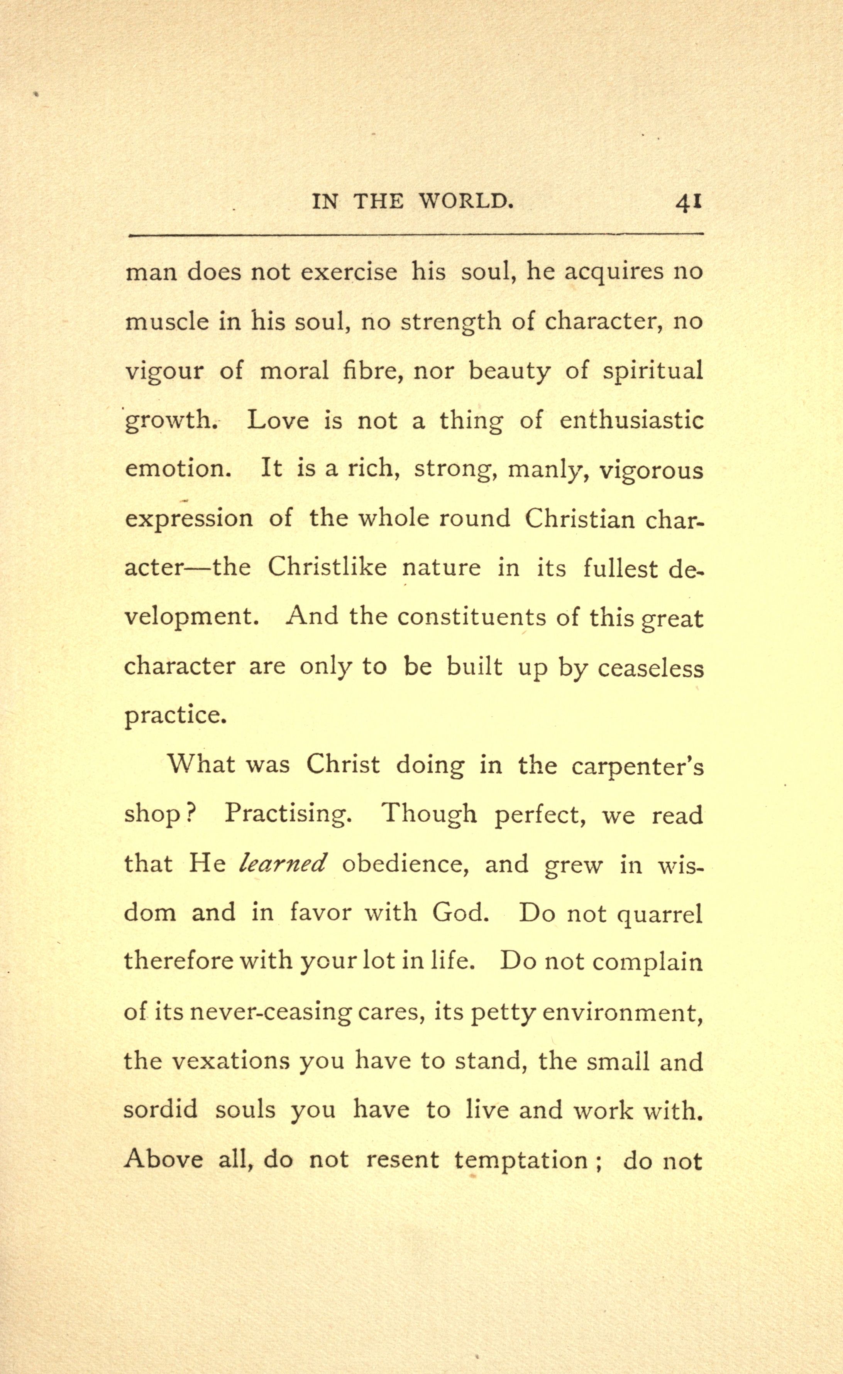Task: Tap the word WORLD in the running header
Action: click(465, 201)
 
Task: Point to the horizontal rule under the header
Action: click(416, 235)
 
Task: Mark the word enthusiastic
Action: click(631, 420)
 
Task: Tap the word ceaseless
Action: click(650, 667)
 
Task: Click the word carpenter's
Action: click(637, 766)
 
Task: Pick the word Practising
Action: click(288, 815)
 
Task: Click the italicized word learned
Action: click(282, 864)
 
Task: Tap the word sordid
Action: click(161, 1110)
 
